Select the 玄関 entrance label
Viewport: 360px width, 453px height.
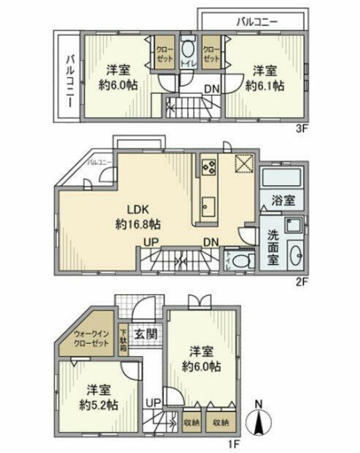[144, 334]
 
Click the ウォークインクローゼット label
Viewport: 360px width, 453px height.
[91, 339]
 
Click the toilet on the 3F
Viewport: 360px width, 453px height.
[188, 53]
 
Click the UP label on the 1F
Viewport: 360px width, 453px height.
[154, 402]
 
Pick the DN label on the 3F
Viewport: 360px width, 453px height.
[212, 88]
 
